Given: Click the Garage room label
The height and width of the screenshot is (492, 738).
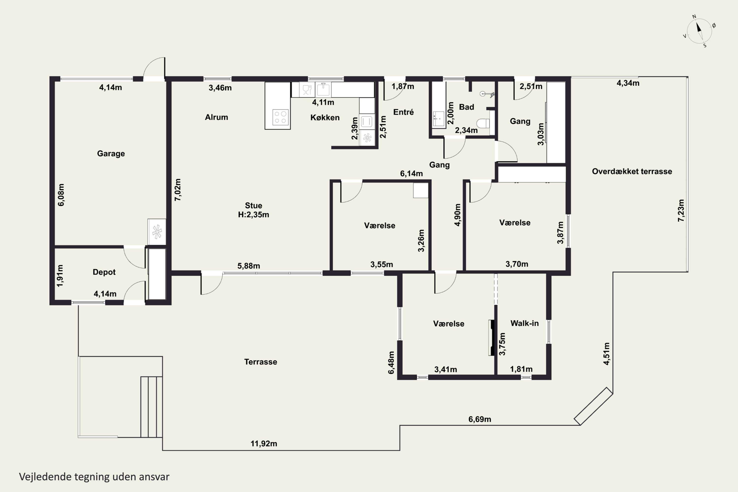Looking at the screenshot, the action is point(111,154).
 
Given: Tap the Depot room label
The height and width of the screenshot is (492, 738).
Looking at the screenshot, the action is point(104,272).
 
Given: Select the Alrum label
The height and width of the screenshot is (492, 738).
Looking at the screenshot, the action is point(216,117).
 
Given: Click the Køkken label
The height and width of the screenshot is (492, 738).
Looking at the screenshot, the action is point(325,117).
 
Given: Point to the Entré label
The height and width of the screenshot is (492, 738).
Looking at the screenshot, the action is point(403,112).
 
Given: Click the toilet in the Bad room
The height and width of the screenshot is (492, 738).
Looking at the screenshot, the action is point(483,123).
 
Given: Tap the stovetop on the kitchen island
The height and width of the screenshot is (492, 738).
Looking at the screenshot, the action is point(280,117).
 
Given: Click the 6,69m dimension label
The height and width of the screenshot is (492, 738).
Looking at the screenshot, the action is point(479,419).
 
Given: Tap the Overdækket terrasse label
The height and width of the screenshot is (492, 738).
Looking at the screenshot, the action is point(632,171).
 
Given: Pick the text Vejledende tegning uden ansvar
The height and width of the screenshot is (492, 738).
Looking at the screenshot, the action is point(94,477).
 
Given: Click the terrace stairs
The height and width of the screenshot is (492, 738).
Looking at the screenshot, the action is point(151,407).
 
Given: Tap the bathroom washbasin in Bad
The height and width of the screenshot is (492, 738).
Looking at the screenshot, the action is point(439,119).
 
